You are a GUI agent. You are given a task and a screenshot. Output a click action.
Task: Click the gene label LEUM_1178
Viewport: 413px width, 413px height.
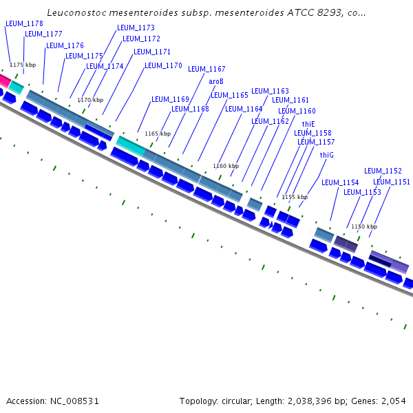24,23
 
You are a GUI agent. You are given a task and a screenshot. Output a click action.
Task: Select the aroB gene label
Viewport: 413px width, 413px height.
216,81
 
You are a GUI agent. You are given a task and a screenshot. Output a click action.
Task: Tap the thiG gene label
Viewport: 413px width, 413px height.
326,156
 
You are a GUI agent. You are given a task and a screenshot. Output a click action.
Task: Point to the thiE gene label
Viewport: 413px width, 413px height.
308,124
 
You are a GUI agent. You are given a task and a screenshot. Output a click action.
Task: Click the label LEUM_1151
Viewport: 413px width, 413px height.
392,182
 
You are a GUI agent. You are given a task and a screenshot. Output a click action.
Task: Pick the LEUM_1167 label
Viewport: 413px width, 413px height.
206,69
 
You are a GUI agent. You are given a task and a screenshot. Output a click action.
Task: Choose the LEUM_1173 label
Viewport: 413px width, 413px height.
136,28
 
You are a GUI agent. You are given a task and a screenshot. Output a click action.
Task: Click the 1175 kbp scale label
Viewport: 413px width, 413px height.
23,65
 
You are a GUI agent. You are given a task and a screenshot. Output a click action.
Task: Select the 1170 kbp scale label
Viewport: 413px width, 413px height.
90,100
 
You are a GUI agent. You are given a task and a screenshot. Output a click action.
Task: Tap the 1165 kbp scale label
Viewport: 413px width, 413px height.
157,134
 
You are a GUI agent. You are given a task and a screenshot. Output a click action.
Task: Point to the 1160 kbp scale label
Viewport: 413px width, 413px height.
226,166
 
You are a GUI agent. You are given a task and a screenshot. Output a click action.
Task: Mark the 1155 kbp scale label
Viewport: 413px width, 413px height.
295,197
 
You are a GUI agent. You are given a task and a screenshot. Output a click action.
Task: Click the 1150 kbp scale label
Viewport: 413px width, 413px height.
364,226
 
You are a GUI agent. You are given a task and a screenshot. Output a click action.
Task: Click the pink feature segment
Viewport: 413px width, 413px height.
3,81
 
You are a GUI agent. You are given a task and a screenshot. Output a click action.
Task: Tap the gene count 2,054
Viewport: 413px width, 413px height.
394,401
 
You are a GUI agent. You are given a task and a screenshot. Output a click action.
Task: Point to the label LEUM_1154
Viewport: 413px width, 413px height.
340,182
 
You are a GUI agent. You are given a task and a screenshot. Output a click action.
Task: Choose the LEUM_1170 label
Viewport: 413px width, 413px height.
163,66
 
